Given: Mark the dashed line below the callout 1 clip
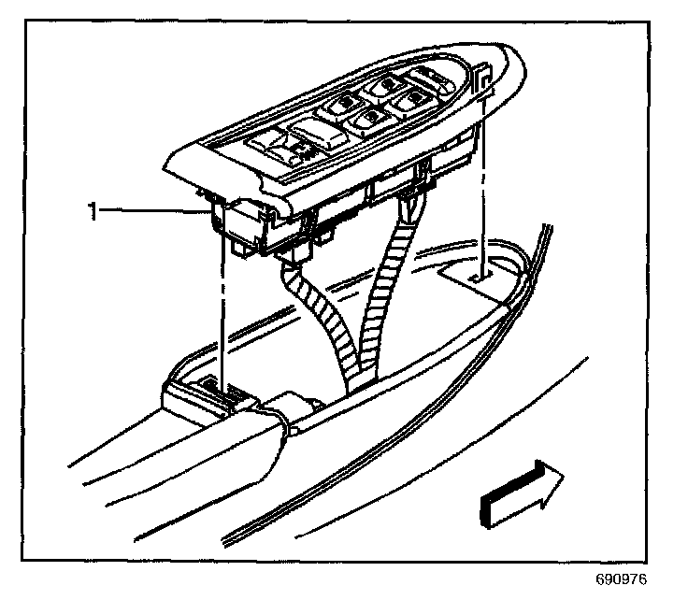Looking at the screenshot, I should coord(222,308).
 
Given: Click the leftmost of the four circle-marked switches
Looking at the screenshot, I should coord(347,104).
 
